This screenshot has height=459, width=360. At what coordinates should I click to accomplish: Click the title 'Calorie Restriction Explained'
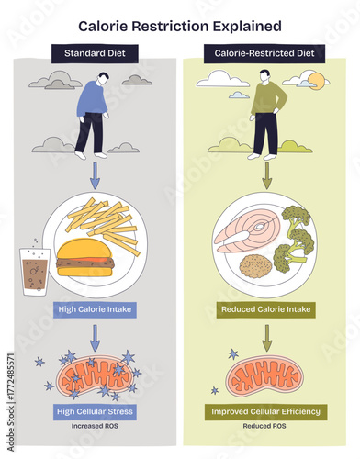tap(179, 28)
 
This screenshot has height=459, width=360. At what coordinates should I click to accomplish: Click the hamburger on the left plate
tap(84, 256)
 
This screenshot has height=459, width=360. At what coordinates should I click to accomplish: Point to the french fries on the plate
tap(103, 220)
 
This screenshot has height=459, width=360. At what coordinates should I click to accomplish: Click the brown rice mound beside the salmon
tap(254, 266)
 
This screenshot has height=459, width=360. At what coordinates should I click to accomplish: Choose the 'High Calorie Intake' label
tap(95, 310)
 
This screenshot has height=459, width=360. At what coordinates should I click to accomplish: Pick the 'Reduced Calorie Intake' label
tap(266, 310)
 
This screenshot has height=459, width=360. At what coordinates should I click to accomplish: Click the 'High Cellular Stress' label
tap(95, 411)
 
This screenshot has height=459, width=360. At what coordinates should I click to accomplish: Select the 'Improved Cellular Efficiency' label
tap(266, 411)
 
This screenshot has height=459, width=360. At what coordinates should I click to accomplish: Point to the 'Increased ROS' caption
tap(95, 428)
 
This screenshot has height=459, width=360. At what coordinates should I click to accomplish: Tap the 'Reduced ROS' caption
tap(265, 428)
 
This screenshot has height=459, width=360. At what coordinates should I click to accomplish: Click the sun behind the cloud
tap(317, 81)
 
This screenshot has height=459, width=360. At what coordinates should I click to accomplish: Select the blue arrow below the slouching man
tap(95, 173)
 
